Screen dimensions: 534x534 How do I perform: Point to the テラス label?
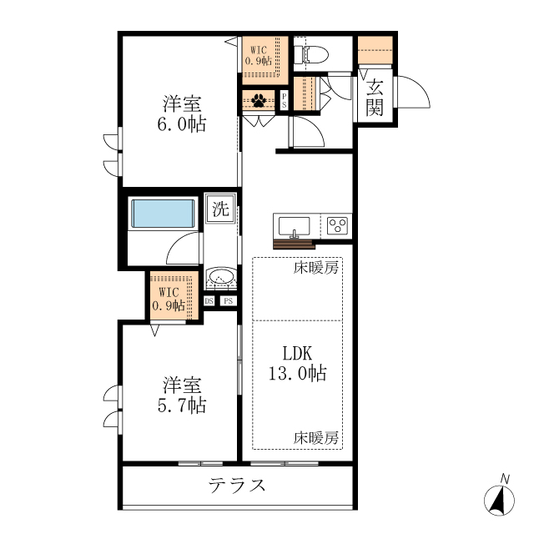(237, 486)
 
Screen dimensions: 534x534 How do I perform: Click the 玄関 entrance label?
(375, 97)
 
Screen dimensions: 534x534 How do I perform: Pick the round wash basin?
(221, 277)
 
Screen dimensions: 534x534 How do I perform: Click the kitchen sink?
(293, 226)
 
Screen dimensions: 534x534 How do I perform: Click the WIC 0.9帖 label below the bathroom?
(169, 299)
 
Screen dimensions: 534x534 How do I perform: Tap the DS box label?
(209, 302)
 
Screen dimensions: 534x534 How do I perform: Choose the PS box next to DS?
(227, 302)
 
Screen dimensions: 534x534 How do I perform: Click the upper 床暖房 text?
(315, 269)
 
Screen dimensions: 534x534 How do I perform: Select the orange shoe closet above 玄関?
(375, 51)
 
